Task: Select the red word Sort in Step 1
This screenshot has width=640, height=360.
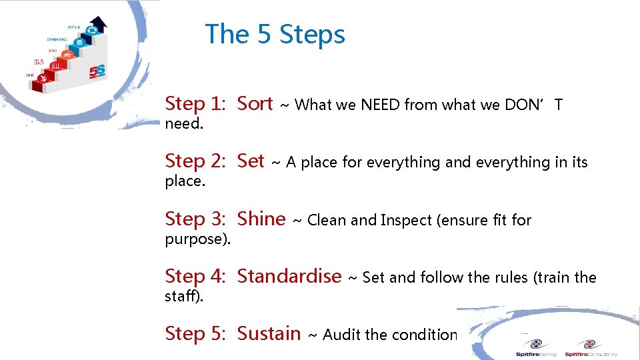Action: pos(255,104)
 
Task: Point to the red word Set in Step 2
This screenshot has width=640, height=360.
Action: pos(251,161)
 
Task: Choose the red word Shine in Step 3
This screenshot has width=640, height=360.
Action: pos(261,219)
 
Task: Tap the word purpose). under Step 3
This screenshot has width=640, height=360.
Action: pos(198,239)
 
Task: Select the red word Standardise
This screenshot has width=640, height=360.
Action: pos(289,276)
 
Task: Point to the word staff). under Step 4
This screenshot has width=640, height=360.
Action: pos(184,296)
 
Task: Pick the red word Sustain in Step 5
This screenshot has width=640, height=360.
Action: pos(269,333)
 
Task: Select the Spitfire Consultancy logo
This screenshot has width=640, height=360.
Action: pos(590,347)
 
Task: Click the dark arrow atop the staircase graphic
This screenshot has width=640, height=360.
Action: pos(97,25)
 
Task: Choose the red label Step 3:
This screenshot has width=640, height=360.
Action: pos(195,219)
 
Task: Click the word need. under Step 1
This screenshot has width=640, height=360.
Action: pos(183,124)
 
